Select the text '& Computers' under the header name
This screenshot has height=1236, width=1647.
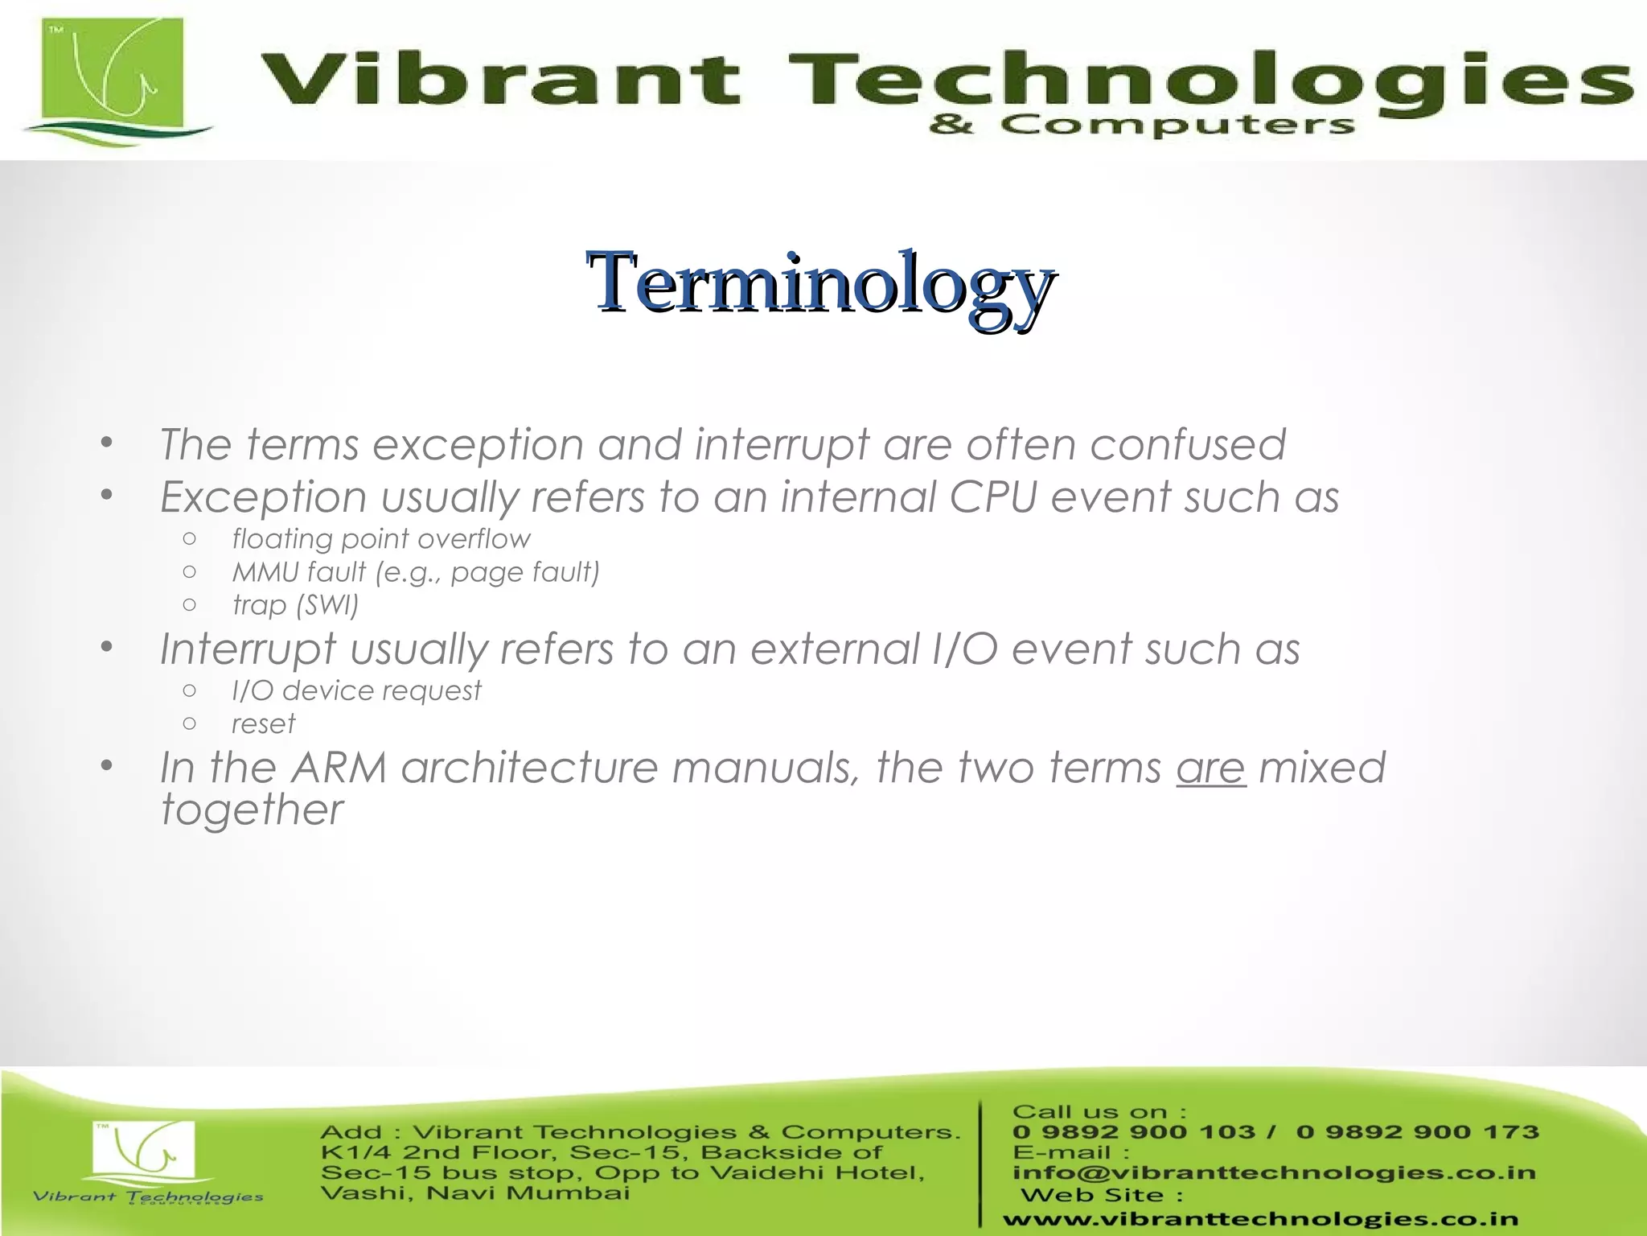click(1142, 126)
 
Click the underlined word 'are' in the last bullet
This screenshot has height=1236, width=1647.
click(1210, 767)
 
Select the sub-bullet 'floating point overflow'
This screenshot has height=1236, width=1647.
click(381, 538)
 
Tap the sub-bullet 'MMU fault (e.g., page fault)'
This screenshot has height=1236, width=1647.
click(416, 572)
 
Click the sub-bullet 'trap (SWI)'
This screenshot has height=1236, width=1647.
click(295, 604)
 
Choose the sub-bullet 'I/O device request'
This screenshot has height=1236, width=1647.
click(356, 690)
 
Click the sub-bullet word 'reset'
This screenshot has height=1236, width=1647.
click(263, 723)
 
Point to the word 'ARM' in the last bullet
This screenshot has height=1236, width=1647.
click(339, 767)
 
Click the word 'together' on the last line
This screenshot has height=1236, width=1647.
click(252, 810)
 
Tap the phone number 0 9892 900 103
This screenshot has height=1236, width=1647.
click(1133, 1131)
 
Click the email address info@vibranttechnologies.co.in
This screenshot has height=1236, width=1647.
click(1274, 1172)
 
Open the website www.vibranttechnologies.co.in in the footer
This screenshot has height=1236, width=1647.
click(1260, 1219)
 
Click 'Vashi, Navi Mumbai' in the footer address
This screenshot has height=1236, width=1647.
click(474, 1192)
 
